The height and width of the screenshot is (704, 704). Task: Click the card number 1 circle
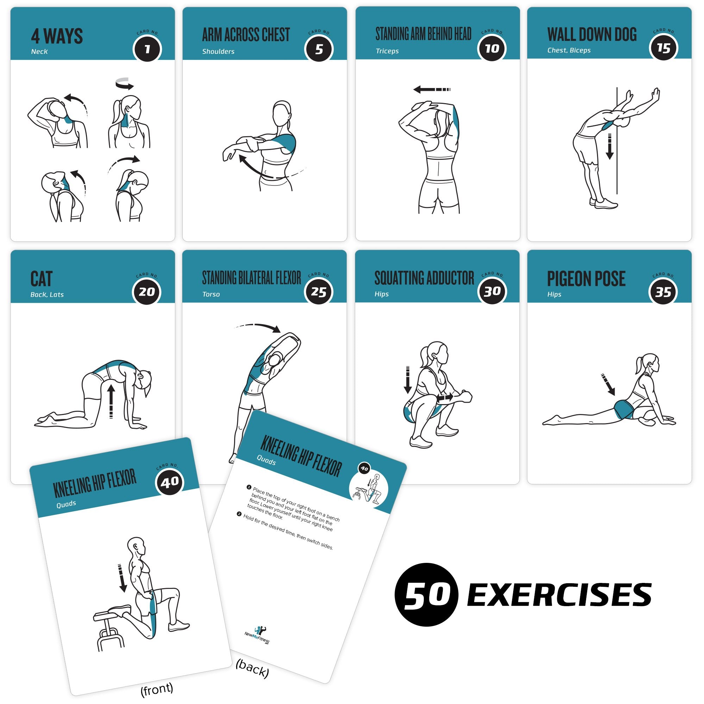(147, 49)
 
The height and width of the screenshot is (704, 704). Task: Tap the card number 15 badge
(663, 48)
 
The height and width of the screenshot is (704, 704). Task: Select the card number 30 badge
(492, 291)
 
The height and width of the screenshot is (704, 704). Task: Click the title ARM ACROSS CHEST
(246, 35)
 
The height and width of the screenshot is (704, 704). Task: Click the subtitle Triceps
(387, 51)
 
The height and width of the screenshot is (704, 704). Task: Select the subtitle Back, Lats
(47, 294)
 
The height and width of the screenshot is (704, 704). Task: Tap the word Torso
(211, 294)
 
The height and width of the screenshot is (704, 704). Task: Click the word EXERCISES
(559, 595)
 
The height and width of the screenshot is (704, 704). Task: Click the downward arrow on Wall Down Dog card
(609, 146)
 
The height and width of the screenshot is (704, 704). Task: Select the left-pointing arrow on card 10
(432, 89)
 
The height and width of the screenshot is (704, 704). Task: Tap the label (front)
(157, 688)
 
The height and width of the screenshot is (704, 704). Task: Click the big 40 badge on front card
(170, 483)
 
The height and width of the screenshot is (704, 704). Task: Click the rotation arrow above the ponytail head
(124, 83)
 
